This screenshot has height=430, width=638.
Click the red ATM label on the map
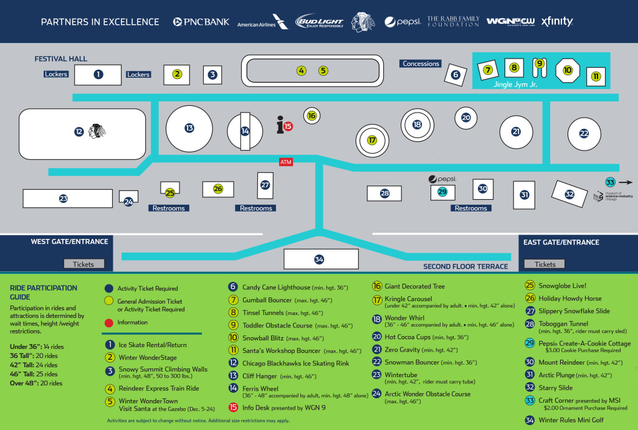[286, 162]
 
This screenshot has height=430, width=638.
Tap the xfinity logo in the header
[557, 22]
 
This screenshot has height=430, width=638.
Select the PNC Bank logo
[201, 22]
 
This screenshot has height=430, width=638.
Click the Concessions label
[421, 63]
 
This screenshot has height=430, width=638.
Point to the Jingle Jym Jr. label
[515, 84]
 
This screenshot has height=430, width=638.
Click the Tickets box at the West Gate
[83, 264]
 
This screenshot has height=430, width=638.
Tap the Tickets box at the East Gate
[545, 264]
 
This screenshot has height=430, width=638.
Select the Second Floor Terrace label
[465, 266]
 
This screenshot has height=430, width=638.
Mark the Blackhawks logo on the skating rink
[97, 131]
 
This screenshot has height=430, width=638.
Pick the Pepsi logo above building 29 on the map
[442, 179]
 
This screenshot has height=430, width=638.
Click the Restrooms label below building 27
[256, 208]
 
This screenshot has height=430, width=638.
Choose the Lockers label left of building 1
[56, 74]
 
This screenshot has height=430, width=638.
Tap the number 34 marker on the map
[319, 259]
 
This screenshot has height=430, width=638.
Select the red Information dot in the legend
[109, 322]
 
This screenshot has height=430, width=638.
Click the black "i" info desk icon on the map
[280, 126]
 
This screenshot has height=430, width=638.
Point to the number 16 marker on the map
[312, 115]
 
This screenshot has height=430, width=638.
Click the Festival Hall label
[60, 59]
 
